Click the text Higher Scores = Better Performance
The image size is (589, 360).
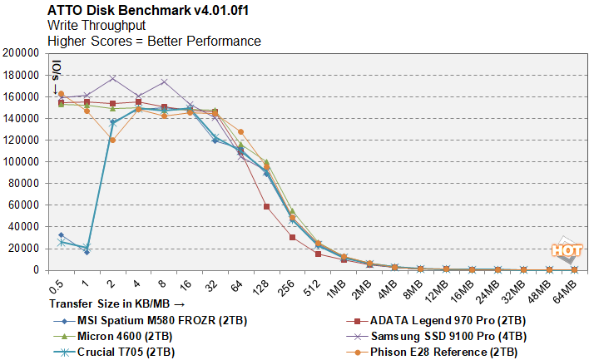[154, 41]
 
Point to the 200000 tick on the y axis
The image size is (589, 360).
[22, 52]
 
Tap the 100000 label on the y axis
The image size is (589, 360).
[22, 161]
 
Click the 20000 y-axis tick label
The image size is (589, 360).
[25, 249]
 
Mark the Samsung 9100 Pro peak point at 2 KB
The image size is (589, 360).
[112, 78]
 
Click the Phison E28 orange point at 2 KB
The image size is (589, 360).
[112, 140]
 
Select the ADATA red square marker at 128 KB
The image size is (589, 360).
[266, 206]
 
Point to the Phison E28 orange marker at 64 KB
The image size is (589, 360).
[240, 131]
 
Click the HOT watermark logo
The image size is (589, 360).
[566, 250]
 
